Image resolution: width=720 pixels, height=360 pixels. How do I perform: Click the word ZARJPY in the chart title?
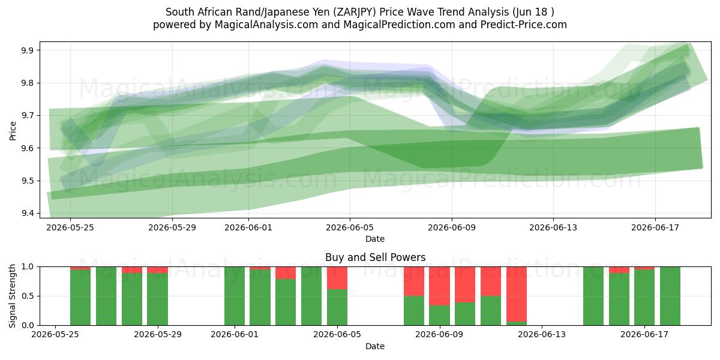click(x=354, y=12)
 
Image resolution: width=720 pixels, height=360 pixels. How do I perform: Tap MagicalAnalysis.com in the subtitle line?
click(x=266, y=25)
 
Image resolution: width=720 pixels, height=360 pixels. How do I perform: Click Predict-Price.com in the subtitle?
click(x=524, y=25)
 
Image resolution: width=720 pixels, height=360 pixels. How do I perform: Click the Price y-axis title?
click(x=13, y=131)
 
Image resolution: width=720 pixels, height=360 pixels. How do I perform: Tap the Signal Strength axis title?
click(x=12, y=296)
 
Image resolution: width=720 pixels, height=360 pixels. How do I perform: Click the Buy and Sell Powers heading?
click(x=375, y=257)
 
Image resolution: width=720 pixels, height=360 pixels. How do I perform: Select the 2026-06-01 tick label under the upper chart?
click(x=248, y=227)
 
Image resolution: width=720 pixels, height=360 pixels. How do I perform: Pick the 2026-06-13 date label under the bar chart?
click(x=542, y=334)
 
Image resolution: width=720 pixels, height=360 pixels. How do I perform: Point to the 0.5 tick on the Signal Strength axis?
click(x=28, y=296)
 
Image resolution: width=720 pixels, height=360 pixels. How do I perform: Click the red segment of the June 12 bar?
click(x=517, y=294)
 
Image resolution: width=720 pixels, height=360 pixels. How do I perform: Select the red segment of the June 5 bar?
click(x=337, y=278)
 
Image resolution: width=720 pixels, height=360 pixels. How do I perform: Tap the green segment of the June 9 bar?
click(x=439, y=315)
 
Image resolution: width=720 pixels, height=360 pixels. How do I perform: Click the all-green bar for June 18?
click(x=670, y=296)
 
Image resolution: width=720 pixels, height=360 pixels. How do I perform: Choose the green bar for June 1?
click(x=235, y=296)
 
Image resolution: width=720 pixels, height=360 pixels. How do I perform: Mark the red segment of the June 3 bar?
click(x=286, y=273)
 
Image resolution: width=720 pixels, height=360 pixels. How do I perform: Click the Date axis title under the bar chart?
click(x=375, y=346)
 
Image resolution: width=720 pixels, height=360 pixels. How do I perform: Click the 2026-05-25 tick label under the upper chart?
click(x=70, y=227)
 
